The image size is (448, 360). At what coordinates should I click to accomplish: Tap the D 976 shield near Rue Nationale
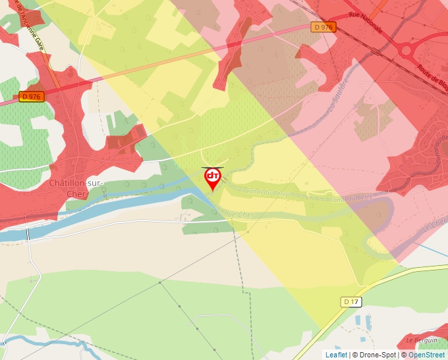[x=323, y=27]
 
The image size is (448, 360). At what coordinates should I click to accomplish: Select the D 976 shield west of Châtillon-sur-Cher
[x=30, y=96]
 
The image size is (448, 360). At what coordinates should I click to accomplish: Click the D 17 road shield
[x=351, y=301]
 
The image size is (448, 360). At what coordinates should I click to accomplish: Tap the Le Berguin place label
[x=422, y=340]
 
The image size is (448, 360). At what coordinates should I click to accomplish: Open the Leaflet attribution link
[x=336, y=355]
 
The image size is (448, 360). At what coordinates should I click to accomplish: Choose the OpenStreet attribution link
[x=426, y=355]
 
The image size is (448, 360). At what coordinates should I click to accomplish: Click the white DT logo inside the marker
[x=212, y=176]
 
